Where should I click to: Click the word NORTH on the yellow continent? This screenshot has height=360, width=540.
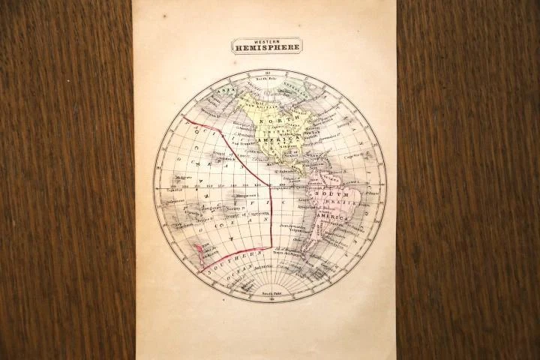click(x=271, y=121)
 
